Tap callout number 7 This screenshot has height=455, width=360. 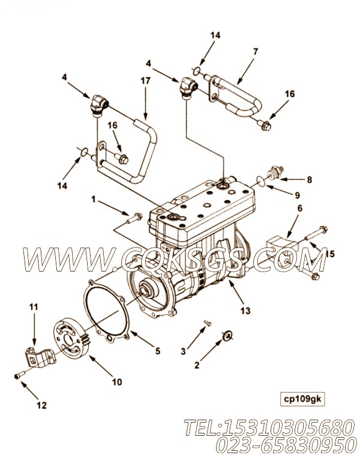[x=256, y=52]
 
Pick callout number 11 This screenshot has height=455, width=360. [x=33, y=307]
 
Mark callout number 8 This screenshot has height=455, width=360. [x=309, y=179]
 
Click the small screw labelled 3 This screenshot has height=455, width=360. [x=207, y=323]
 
